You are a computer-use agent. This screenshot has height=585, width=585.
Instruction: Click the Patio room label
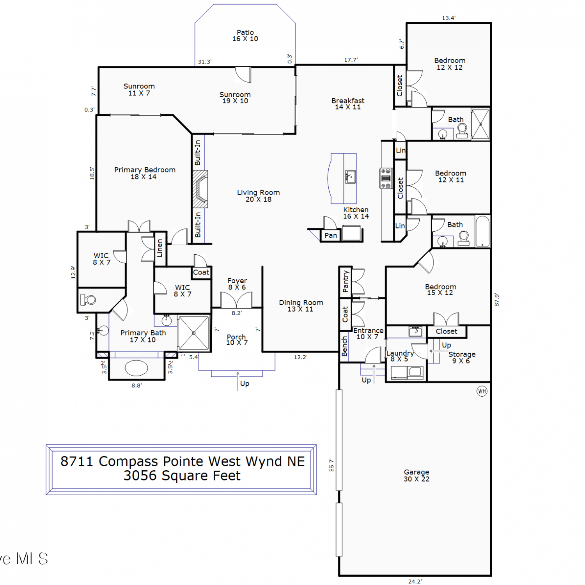(245, 35)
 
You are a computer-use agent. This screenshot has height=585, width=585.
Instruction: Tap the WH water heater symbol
(482, 391)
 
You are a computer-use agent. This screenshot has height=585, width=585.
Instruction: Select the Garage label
(417, 475)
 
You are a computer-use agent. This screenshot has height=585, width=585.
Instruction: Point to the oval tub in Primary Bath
(136, 368)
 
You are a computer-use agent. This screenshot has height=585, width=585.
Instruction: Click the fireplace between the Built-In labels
(200, 189)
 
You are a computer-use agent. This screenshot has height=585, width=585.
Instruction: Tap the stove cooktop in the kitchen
(386, 179)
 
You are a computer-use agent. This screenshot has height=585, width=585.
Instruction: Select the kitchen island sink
(350, 177)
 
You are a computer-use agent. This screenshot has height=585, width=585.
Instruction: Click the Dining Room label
(301, 306)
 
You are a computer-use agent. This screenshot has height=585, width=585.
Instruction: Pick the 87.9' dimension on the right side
(496, 300)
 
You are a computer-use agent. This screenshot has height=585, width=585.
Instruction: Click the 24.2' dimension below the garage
(415, 581)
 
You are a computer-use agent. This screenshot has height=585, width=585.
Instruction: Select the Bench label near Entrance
(344, 346)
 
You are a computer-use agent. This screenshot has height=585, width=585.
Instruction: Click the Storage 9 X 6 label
(462, 357)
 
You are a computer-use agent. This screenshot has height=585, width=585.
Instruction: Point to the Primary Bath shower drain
(194, 333)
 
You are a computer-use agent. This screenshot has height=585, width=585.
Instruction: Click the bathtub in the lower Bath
(482, 231)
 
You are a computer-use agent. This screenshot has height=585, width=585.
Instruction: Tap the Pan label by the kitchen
(331, 235)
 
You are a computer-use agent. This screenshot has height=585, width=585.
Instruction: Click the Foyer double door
(236, 300)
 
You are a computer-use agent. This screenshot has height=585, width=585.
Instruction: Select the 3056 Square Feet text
(182, 476)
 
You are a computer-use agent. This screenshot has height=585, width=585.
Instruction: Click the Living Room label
(258, 196)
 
